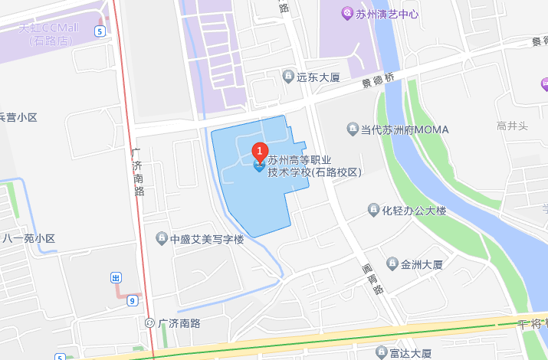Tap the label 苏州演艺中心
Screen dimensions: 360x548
coord(387,14)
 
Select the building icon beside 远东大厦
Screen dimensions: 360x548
coord(287,76)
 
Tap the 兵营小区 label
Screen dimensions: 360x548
coord(18,117)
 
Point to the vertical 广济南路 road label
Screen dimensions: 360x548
coord(139,172)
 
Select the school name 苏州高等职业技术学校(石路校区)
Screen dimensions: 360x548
coord(313,166)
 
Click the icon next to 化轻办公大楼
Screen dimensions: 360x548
coord(373,210)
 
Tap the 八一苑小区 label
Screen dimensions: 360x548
coord(28,238)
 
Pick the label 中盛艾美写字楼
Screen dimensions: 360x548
coord(206,239)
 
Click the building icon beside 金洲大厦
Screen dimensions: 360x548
coord(392,264)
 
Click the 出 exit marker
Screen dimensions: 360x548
coord(116,277)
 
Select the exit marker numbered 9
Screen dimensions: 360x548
coord(133,299)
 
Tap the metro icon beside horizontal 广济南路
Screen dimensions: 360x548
coord(149,323)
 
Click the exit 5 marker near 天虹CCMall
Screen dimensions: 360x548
coord(100,31)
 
